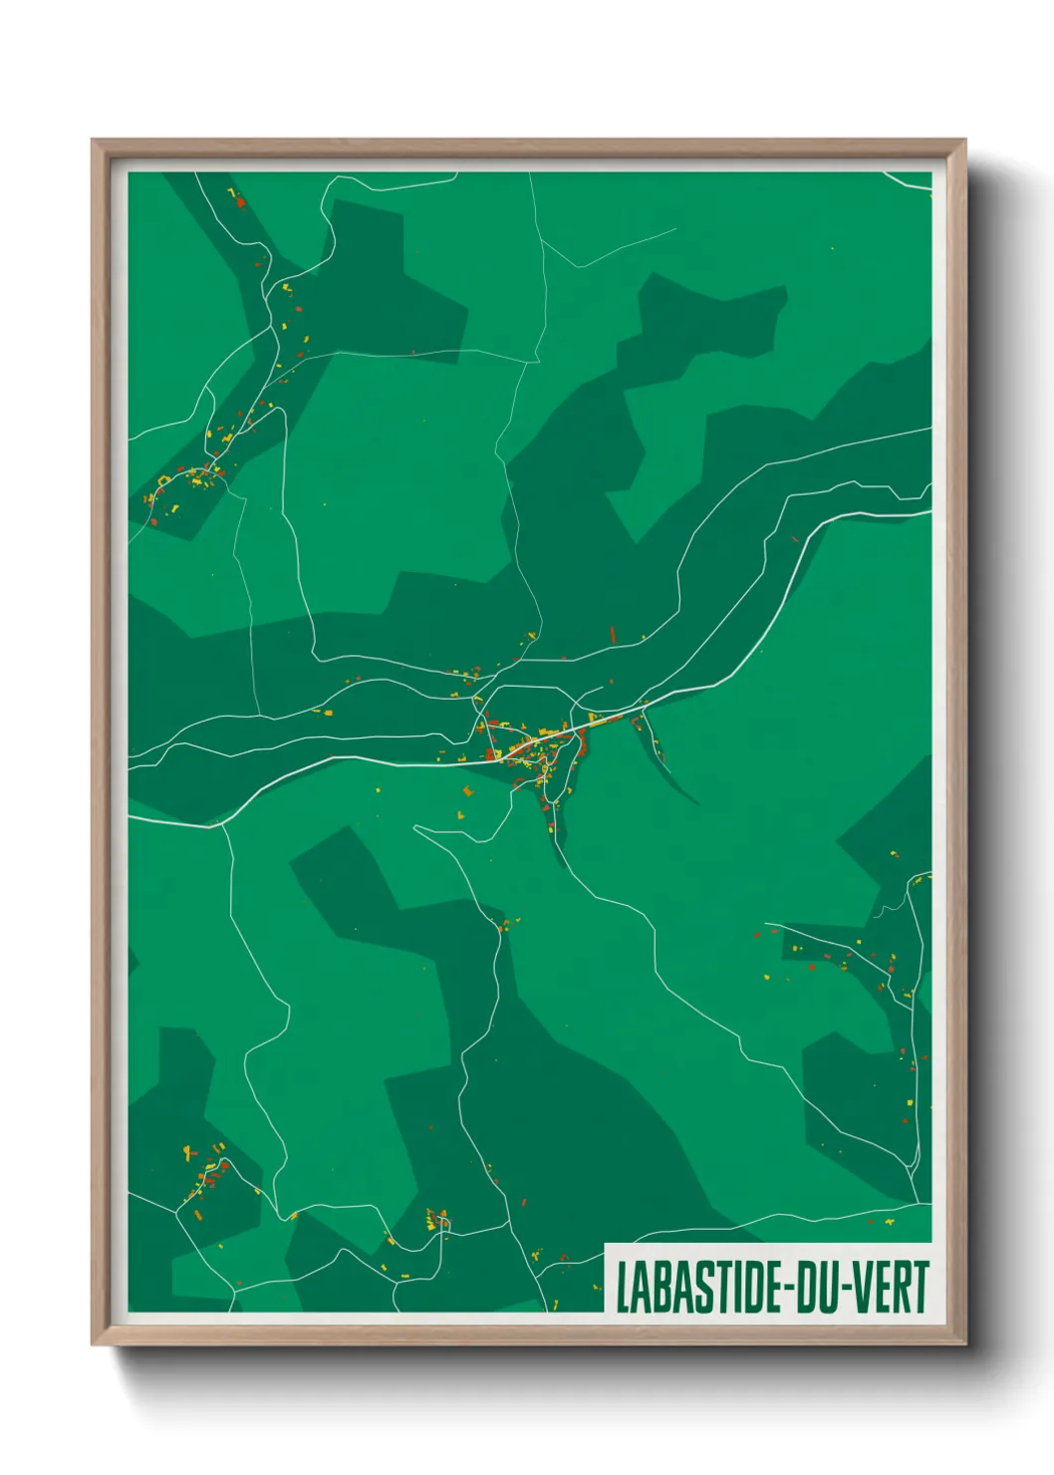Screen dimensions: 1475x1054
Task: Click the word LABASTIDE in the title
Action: (x=703, y=1287)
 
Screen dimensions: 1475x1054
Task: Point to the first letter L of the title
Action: (x=623, y=1287)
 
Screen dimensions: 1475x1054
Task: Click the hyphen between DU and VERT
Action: (x=848, y=1289)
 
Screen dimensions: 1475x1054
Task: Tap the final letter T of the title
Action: (x=921, y=1287)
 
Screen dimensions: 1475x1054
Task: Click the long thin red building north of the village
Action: (x=613, y=634)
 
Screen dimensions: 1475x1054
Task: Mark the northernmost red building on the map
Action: (x=240, y=203)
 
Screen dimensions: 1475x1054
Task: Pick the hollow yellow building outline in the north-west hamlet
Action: (x=162, y=480)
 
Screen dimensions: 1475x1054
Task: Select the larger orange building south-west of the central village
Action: (x=467, y=792)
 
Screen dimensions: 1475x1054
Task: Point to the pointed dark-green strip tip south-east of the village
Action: (x=695, y=802)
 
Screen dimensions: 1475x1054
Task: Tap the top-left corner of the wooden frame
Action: (x=93, y=141)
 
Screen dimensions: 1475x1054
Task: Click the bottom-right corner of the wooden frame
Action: (x=964, y=1343)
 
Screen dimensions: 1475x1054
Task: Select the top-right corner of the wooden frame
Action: (x=964, y=141)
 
